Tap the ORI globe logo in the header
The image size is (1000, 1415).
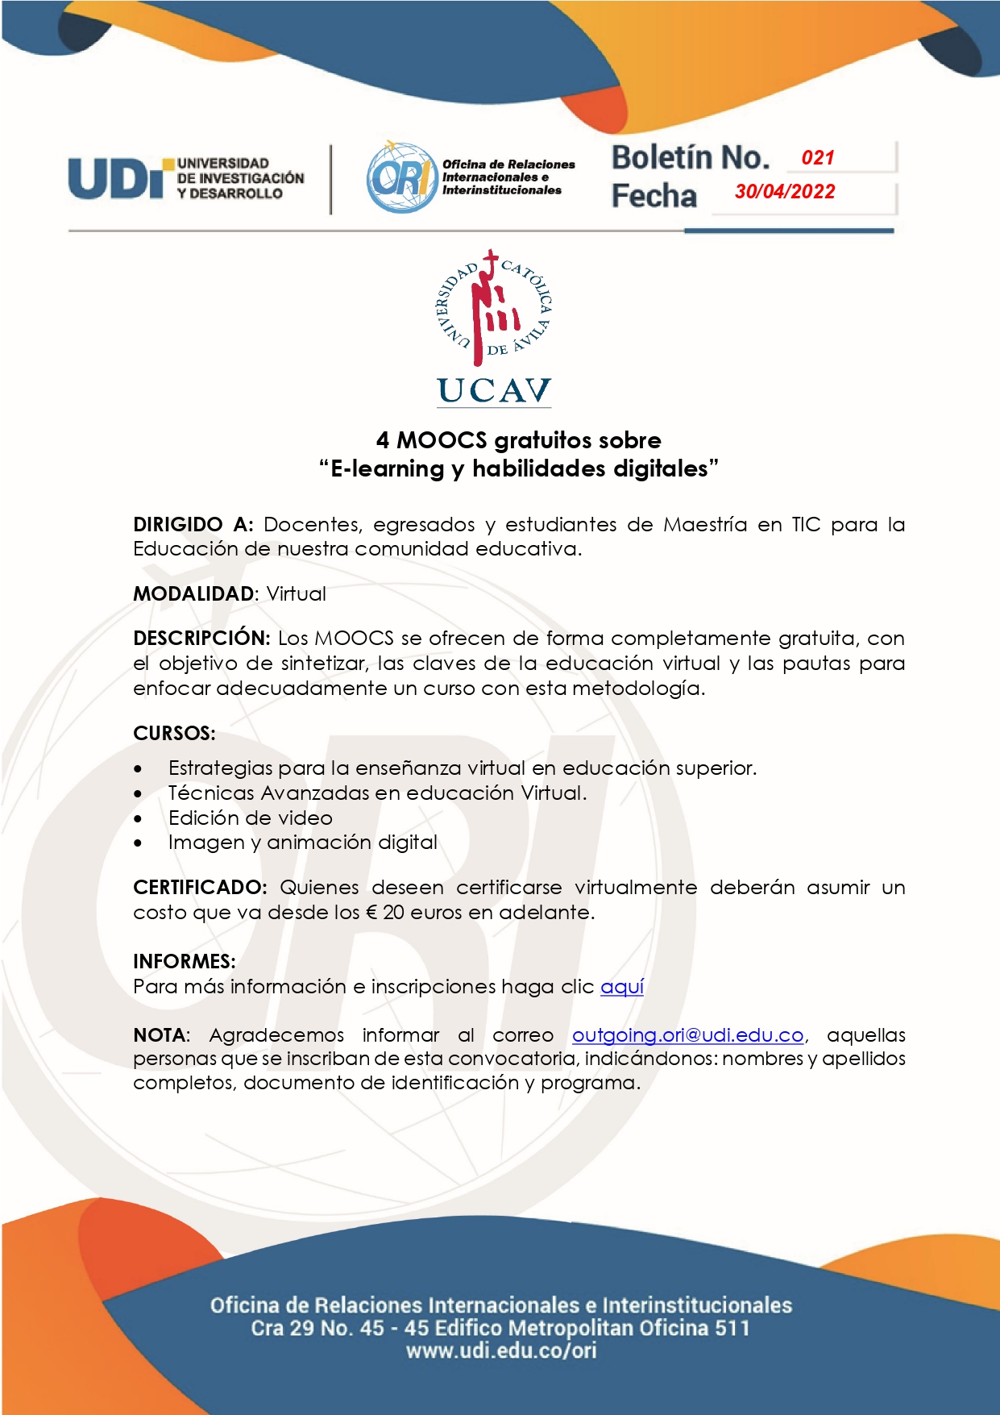click(400, 177)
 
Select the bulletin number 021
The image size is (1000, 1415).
click(818, 158)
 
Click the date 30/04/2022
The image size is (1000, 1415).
click(785, 192)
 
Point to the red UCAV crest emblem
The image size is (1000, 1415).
click(494, 307)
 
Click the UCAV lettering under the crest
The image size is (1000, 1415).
click(494, 391)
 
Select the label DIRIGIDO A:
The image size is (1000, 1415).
click(193, 525)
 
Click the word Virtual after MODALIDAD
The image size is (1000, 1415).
click(297, 594)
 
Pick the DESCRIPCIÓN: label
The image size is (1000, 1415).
click(201, 639)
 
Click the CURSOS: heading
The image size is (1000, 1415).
click(174, 734)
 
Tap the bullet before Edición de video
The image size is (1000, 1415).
click(139, 819)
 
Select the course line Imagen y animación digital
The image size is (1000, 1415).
click(303, 843)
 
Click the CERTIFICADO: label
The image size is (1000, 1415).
click(200, 888)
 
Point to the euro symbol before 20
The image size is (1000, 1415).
click(371, 913)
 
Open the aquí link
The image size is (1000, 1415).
click(622, 987)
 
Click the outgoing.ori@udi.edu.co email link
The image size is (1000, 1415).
click(688, 1035)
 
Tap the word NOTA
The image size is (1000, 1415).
click(160, 1035)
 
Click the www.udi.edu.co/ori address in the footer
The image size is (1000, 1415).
click(501, 1350)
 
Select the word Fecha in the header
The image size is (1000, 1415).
click(654, 196)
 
